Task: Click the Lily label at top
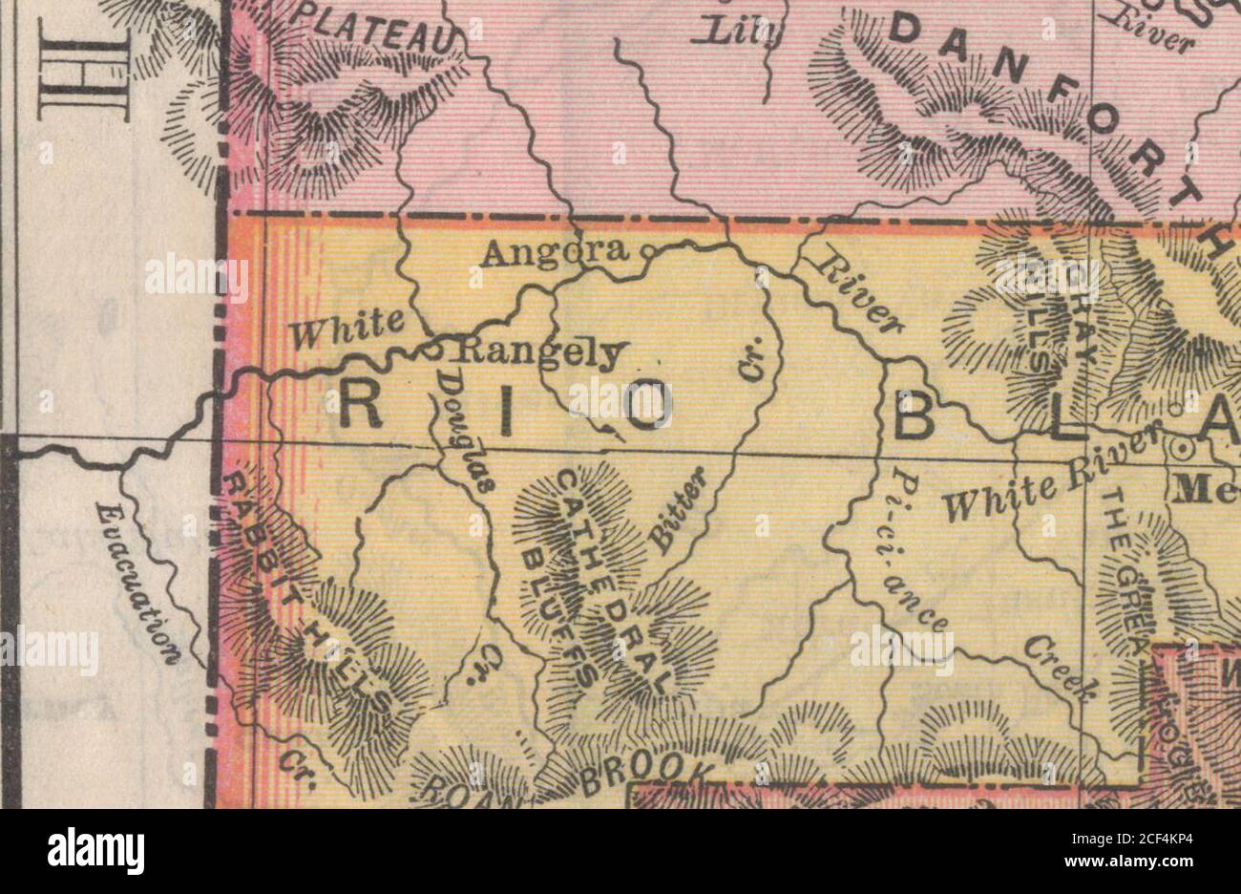(742, 34)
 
